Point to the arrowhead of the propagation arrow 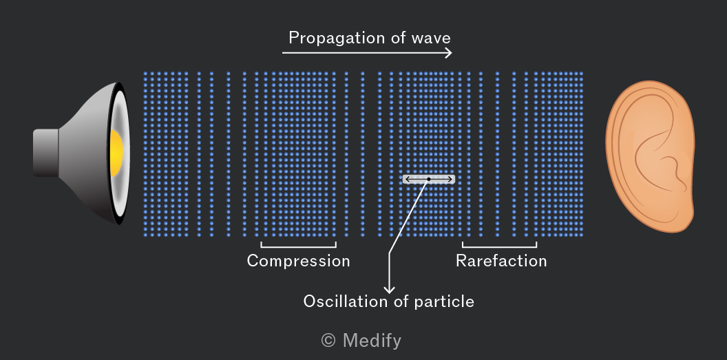click(448, 53)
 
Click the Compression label click(298, 261)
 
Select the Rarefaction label click(501, 261)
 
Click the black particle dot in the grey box click(429, 179)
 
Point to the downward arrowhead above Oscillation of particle click(390, 289)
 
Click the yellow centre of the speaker click(116, 151)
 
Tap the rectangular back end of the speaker click(45, 153)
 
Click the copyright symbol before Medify click(328, 341)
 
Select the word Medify click(372, 341)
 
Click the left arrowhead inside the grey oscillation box click(408, 179)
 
